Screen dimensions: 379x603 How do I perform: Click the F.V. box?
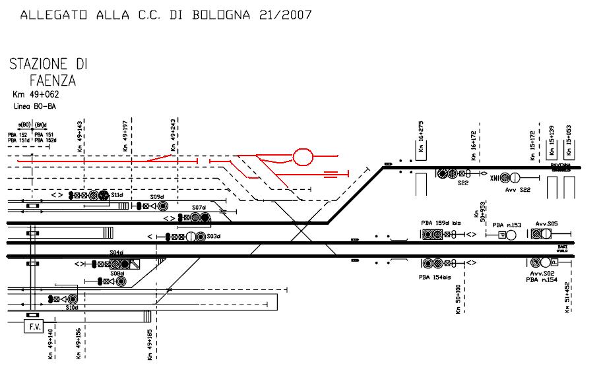[x=32, y=326]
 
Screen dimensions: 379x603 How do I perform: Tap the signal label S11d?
[x=117, y=196]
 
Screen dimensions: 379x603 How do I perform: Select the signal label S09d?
[x=156, y=197]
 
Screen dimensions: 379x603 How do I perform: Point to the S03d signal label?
[x=213, y=236]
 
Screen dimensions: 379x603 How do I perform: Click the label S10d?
[x=72, y=307]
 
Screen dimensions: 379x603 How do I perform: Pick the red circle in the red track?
[x=303, y=158]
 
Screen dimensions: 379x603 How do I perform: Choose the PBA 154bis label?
[x=433, y=277]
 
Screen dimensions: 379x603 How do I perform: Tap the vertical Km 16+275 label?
[x=420, y=137]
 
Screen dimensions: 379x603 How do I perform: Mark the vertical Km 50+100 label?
[x=458, y=300]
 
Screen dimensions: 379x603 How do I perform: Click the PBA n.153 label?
[x=507, y=225]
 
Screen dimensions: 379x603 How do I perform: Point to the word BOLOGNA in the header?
[x=217, y=15]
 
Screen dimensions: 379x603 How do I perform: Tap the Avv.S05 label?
[x=547, y=223]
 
